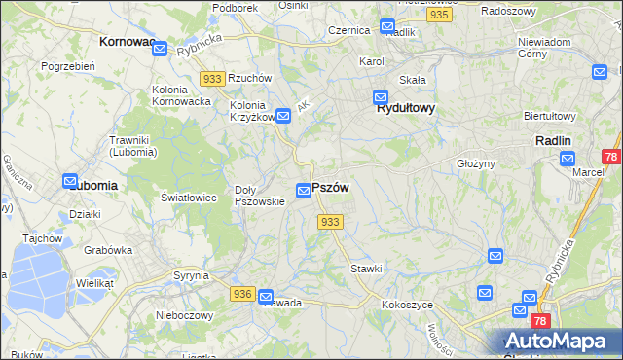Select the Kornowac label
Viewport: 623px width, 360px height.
coord(128,43)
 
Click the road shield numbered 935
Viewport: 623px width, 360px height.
coord(440,16)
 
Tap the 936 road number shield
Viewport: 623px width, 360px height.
coord(243,293)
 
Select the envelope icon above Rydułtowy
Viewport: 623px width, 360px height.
coord(381,97)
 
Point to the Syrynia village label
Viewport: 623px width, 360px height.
coord(192,275)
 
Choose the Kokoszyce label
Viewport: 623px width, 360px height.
coord(408,305)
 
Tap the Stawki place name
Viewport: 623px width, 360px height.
coord(366,268)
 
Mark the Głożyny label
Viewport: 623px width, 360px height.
coord(476,163)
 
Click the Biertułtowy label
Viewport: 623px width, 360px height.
coord(550,115)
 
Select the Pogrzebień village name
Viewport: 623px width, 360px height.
coord(67,66)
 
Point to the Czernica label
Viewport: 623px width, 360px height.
coord(349,30)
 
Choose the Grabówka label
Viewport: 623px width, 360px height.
coord(107,249)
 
